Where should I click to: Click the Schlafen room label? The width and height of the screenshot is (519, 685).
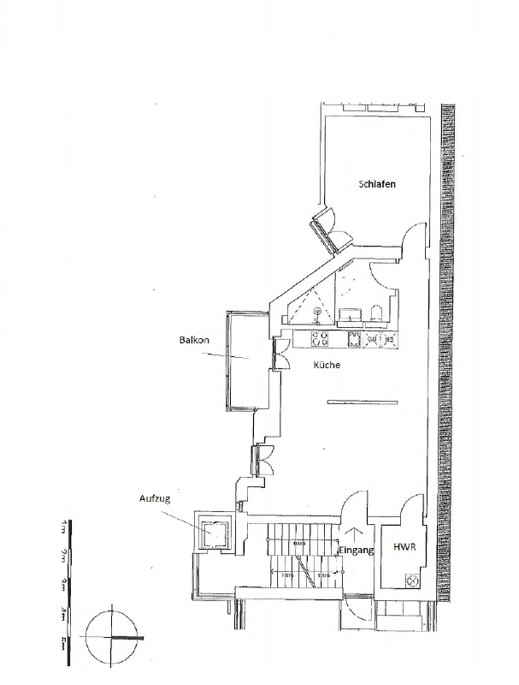click(x=377, y=185)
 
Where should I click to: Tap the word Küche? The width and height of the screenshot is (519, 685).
click(x=327, y=366)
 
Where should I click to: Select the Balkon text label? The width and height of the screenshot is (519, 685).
click(x=194, y=341)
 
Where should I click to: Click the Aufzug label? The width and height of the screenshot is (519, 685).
click(x=156, y=497)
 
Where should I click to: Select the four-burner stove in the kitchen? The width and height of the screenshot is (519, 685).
click(x=321, y=340)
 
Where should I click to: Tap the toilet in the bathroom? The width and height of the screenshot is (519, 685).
click(x=377, y=312)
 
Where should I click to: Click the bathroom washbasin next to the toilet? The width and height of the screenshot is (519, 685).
click(x=349, y=313)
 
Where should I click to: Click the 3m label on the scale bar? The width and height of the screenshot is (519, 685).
click(x=65, y=586)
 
